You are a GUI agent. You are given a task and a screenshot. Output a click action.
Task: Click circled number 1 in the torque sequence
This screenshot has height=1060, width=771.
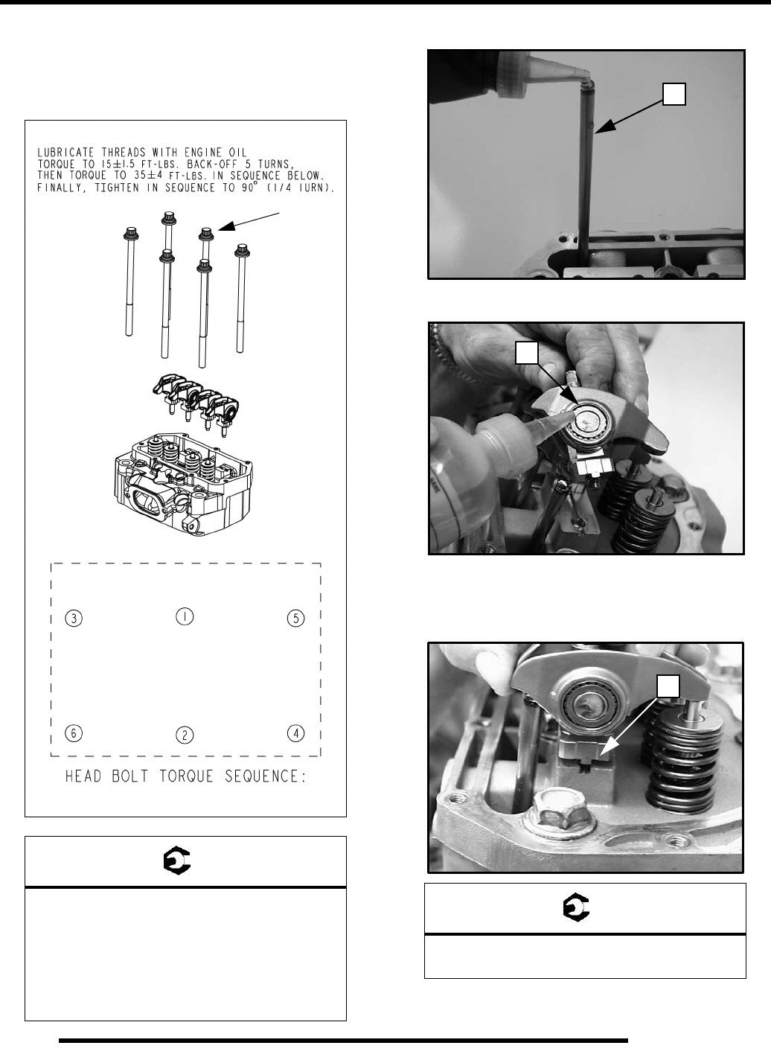[185, 616]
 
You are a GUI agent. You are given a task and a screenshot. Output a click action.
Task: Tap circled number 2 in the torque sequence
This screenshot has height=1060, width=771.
[185, 735]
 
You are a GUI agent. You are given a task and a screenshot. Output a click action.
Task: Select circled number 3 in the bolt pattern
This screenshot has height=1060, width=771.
[73, 618]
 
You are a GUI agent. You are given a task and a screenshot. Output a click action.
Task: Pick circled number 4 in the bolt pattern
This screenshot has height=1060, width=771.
[296, 733]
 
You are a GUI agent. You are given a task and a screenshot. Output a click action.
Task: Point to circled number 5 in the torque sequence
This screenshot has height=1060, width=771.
[296, 618]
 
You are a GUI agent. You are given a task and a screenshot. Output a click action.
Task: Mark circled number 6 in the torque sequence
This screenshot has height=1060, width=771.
[73, 733]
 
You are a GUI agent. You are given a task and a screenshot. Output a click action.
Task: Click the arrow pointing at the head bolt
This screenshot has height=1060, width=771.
[246, 223]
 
